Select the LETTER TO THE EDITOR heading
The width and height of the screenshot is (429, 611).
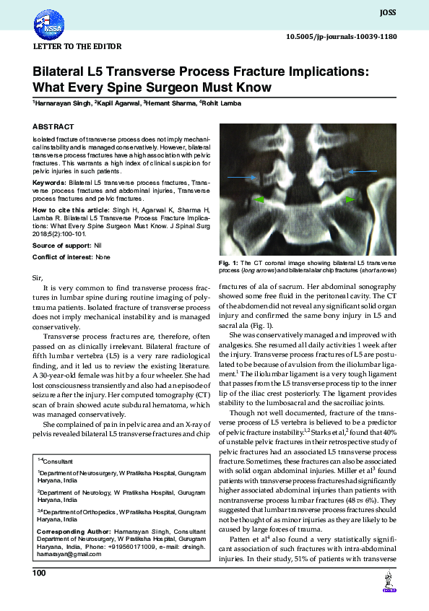(78, 46)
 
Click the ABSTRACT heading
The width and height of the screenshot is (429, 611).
(53, 126)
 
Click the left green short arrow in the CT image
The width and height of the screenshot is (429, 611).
(258, 199)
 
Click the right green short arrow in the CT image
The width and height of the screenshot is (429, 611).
(350, 199)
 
